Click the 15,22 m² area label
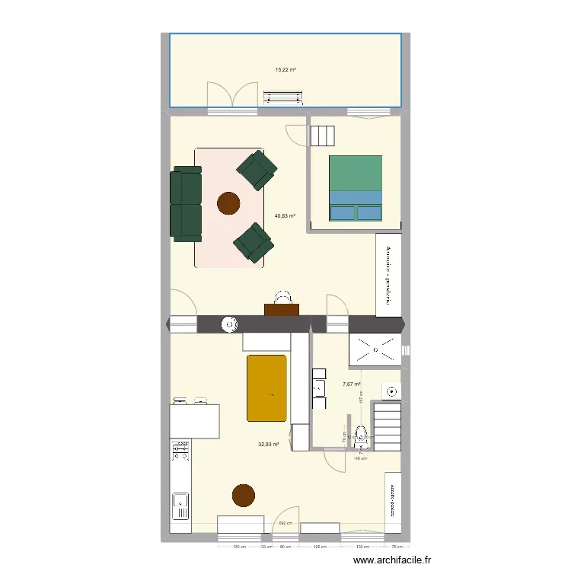tap(285, 70)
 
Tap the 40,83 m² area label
tap(285, 215)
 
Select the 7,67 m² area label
tap(351, 384)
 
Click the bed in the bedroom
tap(355, 188)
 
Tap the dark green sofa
tap(186, 203)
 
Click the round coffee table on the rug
tap(228, 203)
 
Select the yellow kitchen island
tap(266, 388)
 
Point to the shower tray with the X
tap(375, 349)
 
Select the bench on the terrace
tap(282, 96)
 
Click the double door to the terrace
tap(228, 96)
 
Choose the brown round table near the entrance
tap(243, 495)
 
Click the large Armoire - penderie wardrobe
tap(389, 274)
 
